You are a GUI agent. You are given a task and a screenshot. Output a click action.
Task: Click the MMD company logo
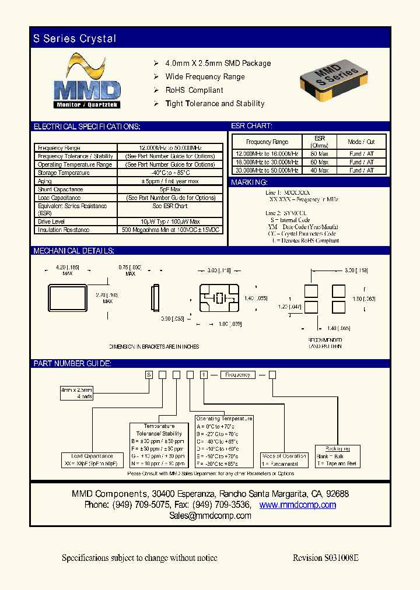pyautogui.click(x=87, y=82)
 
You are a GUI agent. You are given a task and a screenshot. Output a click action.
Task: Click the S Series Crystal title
pyautogui.click(x=75, y=39)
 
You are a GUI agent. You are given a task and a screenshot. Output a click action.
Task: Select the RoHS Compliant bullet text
pyautogui.click(x=194, y=90)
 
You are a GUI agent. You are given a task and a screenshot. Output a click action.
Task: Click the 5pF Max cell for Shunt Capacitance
pyautogui.click(x=170, y=189)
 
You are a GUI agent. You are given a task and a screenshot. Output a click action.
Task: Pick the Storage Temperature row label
pyautogui.click(x=64, y=173)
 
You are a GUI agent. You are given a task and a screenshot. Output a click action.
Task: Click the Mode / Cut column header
pyautogui.click(x=361, y=142)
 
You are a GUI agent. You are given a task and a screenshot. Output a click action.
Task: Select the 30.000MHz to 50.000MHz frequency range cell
pyautogui.click(x=267, y=170)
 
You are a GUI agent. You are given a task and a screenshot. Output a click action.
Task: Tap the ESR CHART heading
pyautogui.click(x=252, y=126)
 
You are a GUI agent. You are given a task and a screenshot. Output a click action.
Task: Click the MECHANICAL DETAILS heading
pyautogui.click(x=73, y=251)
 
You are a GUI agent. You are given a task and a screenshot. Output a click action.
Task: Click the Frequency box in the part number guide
pyautogui.click(x=237, y=375)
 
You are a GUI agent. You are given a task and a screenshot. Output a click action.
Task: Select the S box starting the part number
pyautogui.click(x=149, y=375)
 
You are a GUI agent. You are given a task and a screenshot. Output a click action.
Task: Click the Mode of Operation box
pyautogui.click(x=285, y=460)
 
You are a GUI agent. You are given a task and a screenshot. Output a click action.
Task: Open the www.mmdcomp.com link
pyautogui.click(x=297, y=505)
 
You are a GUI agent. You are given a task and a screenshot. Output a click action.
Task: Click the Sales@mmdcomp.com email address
pyautogui.click(x=210, y=516)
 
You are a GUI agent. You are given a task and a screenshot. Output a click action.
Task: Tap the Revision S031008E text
pyautogui.click(x=325, y=558)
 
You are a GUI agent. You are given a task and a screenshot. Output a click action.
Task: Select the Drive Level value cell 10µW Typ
pyautogui.click(x=170, y=222)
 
